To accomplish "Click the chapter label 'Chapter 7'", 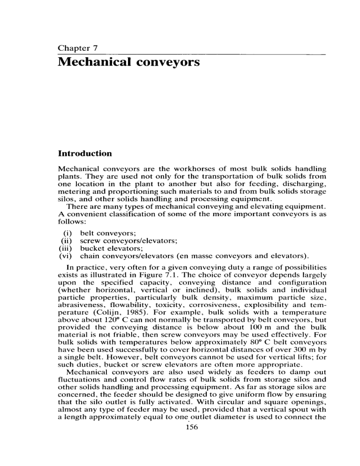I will click(x=76, y=48).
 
